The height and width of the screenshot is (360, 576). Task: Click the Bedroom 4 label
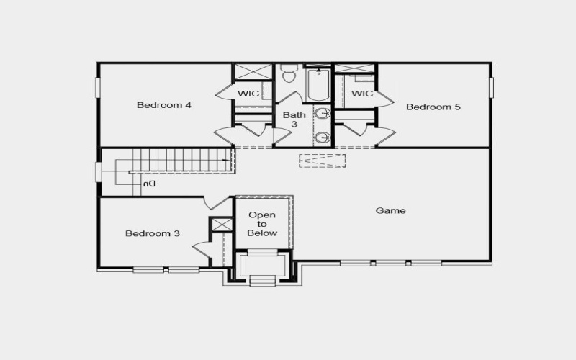click(x=163, y=105)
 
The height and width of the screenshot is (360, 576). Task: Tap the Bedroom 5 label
click(x=433, y=107)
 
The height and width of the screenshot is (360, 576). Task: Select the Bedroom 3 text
click(x=153, y=233)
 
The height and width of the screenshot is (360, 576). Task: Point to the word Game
click(x=390, y=211)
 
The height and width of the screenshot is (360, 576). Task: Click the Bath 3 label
click(x=294, y=120)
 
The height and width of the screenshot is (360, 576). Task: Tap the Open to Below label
click(x=262, y=224)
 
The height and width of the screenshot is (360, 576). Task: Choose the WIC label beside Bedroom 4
click(x=248, y=94)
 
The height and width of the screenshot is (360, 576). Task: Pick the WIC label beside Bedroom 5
click(x=362, y=94)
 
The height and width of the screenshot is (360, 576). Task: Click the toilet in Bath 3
click(x=289, y=74)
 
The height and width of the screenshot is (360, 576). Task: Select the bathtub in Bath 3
click(x=318, y=84)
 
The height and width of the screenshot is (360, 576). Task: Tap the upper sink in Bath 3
click(x=322, y=114)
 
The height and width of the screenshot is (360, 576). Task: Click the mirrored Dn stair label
click(x=149, y=184)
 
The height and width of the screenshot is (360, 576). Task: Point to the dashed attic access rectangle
click(x=322, y=161)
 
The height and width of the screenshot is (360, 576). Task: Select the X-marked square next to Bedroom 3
click(x=222, y=224)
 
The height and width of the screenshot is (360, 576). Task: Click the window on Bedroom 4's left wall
click(x=98, y=86)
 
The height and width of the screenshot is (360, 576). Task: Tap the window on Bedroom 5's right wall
click(x=492, y=86)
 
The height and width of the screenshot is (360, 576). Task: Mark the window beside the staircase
click(x=98, y=172)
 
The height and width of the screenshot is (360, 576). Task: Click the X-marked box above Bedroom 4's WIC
click(x=252, y=71)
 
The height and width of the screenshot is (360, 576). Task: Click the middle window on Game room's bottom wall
click(x=390, y=263)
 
